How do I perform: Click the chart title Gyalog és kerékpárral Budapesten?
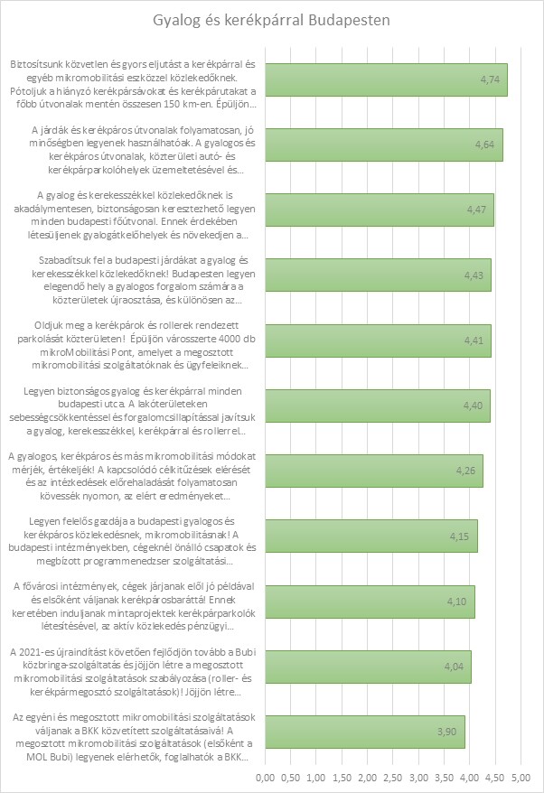(x=272, y=20)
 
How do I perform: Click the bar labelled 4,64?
(x=380, y=145)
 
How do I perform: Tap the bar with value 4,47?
(x=375, y=210)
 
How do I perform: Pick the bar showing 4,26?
(x=370, y=471)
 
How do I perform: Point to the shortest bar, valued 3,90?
(x=361, y=732)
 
